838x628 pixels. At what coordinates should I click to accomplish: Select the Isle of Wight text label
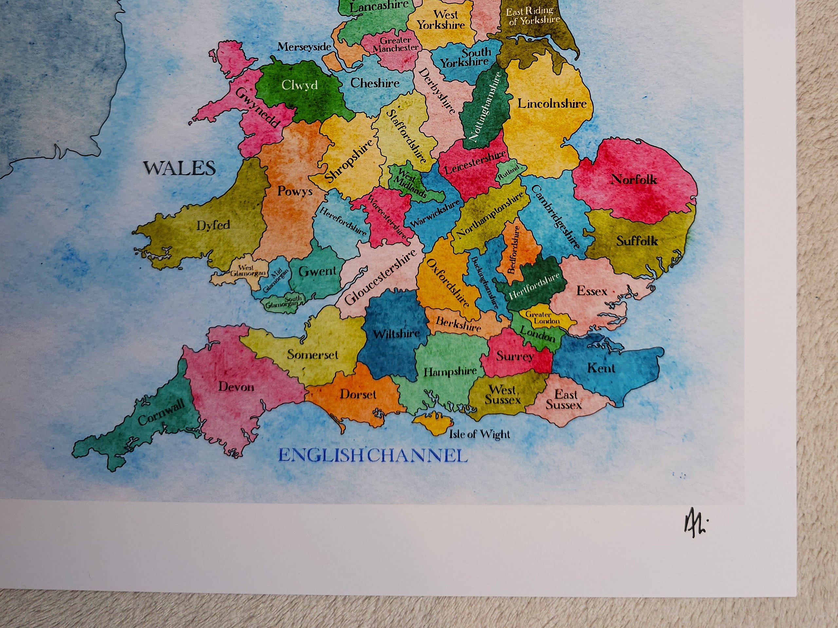[x=479, y=434]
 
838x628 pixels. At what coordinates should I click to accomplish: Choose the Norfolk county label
[x=634, y=180]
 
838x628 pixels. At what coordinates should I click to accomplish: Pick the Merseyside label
[x=304, y=47]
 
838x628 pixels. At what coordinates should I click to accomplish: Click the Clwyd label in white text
[x=300, y=85]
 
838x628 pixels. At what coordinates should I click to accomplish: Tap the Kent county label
[x=601, y=368]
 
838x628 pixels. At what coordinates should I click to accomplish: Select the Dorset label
[x=358, y=394]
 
